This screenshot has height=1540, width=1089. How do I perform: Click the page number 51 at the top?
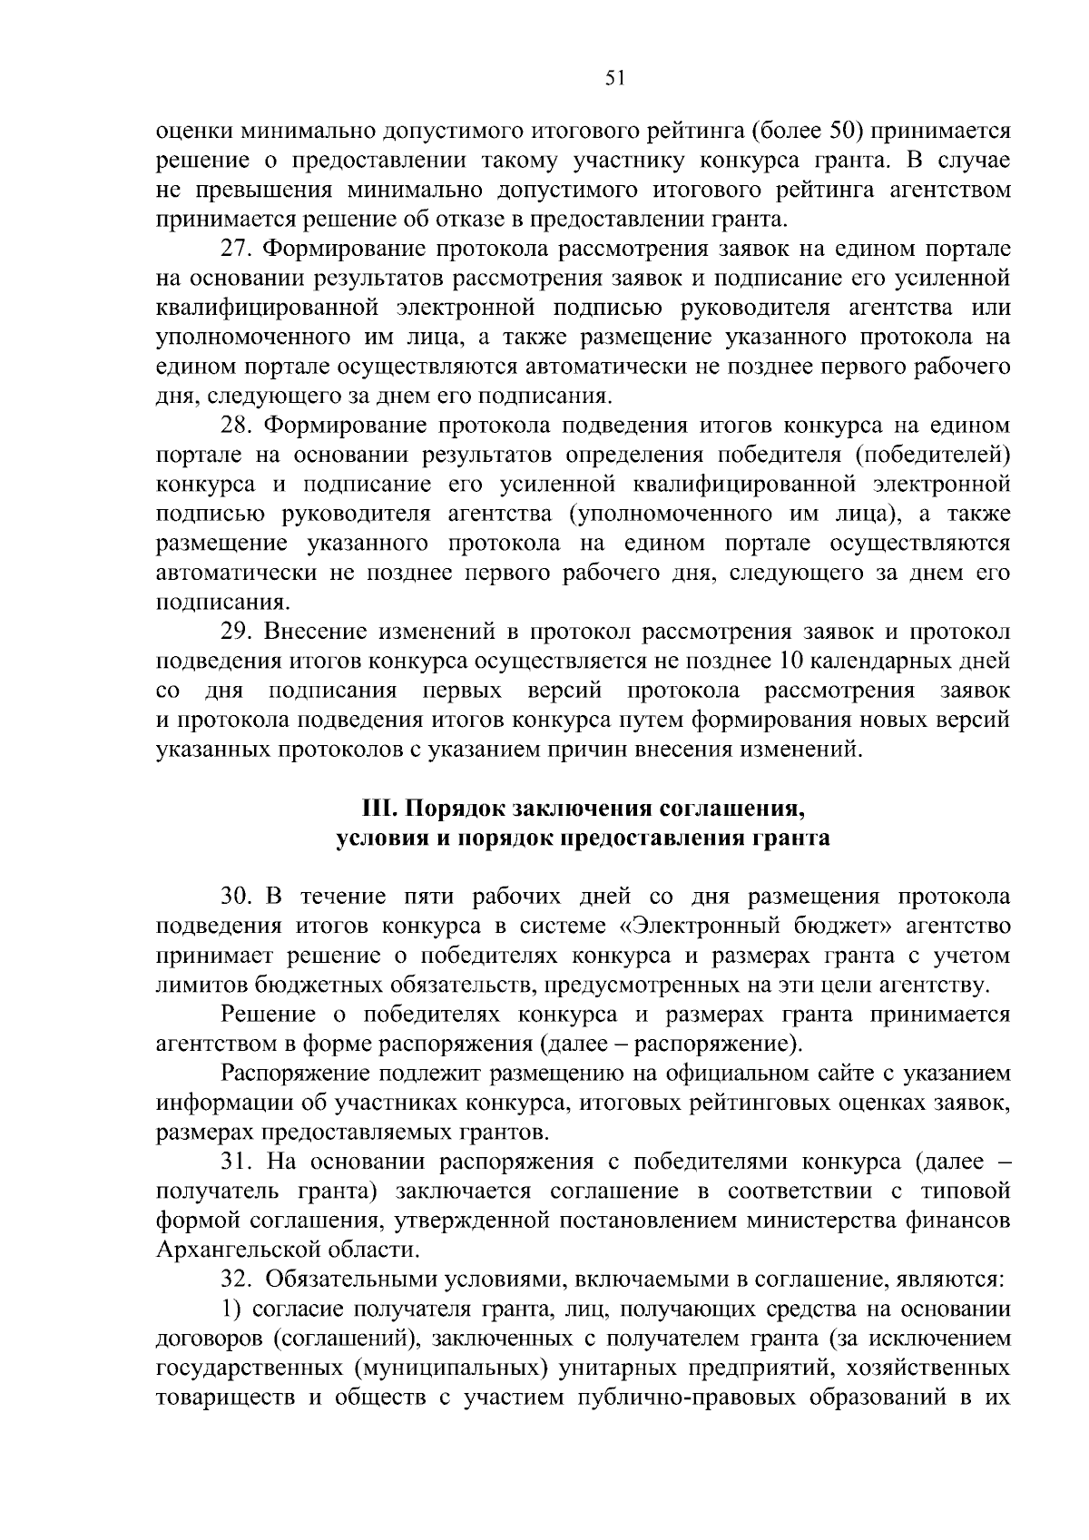[615, 79]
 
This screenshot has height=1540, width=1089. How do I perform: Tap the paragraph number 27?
[237, 249]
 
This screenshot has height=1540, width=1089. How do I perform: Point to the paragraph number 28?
[237, 426]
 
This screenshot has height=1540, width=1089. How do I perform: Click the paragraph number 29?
[237, 632]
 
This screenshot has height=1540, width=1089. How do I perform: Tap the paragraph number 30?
[237, 897]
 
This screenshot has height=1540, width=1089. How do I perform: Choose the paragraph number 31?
[237, 1162]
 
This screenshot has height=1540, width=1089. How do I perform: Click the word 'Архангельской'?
[234, 1251]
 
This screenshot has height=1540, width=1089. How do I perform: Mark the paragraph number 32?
[237, 1280]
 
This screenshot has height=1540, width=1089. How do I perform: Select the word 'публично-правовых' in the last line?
[691, 1398]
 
